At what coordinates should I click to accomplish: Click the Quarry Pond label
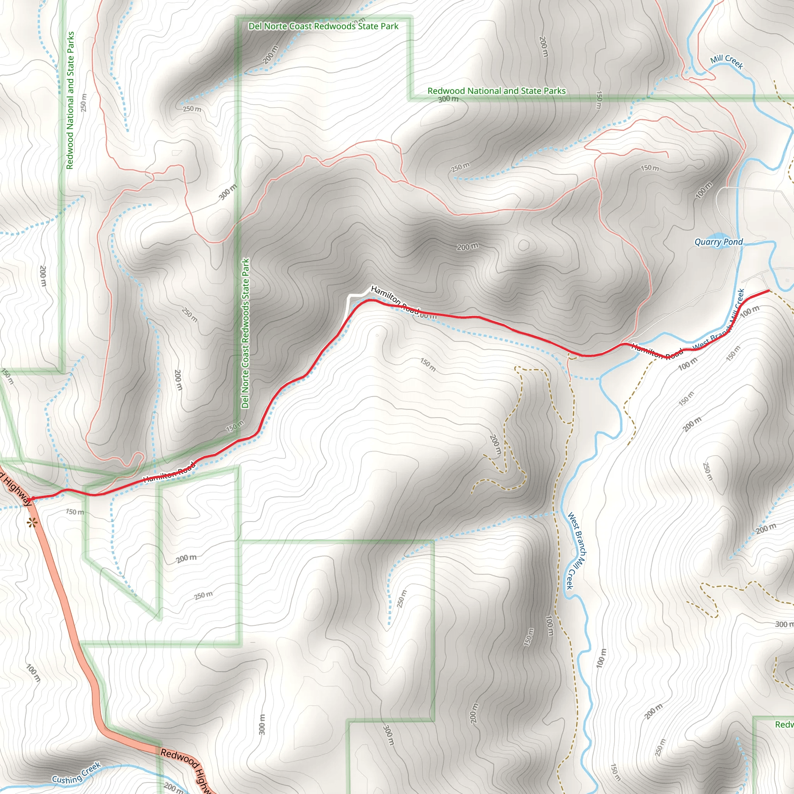(x=718, y=242)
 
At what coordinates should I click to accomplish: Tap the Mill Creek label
(x=727, y=62)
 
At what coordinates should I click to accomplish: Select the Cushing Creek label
(x=76, y=773)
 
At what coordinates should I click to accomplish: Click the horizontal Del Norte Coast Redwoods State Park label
(x=323, y=26)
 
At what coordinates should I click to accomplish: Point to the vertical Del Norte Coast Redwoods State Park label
(x=245, y=333)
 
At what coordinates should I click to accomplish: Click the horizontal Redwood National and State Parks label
(x=497, y=91)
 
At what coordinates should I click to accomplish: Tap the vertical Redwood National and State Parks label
(x=70, y=100)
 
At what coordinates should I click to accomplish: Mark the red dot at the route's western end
(x=33, y=499)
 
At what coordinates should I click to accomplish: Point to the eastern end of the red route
(x=768, y=290)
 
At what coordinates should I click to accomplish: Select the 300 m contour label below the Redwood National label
(x=448, y=99)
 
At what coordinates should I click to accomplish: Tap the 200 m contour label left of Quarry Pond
(x=468, y=247)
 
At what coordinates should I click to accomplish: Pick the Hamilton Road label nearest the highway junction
(x=169, y=473)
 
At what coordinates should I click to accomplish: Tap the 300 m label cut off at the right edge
(x=784, y=624)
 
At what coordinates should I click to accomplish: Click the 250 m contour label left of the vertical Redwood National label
(x=84, y=103)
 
